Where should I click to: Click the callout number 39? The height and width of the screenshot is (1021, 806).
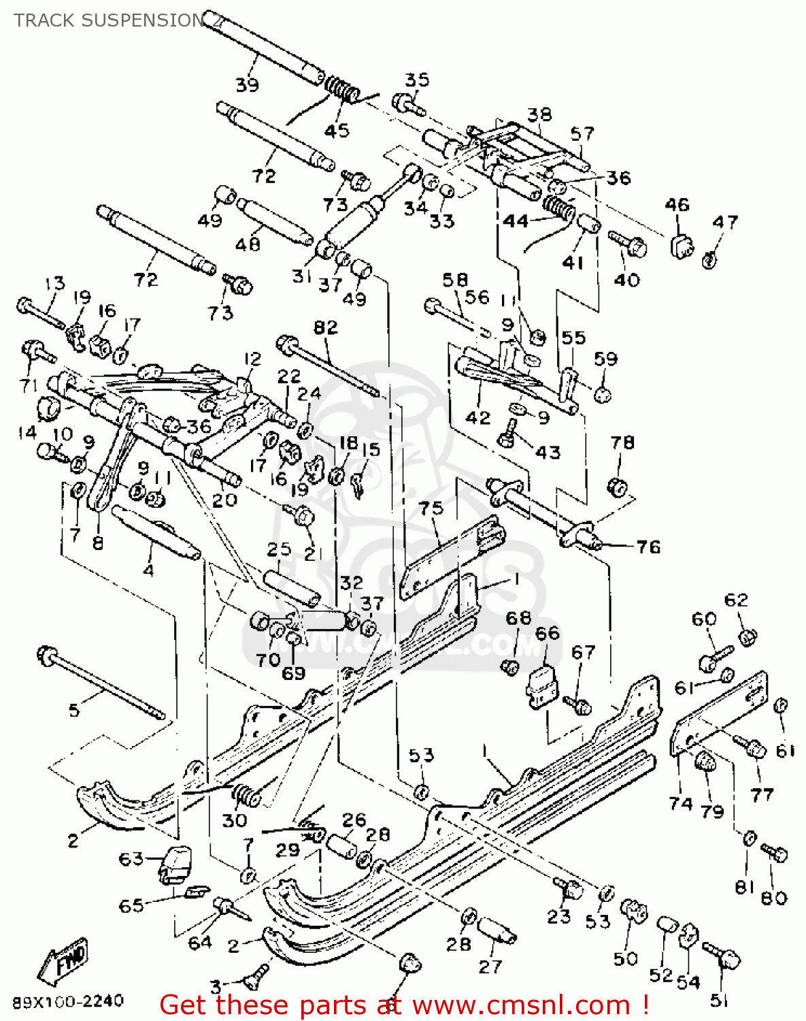[247, 85]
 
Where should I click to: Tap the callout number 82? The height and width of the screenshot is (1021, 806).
[325, 327]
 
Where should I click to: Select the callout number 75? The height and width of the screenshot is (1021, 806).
[431, 508]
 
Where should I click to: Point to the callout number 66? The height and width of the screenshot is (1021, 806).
[547, 633]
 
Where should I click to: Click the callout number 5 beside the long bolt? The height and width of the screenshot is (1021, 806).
[74, 711]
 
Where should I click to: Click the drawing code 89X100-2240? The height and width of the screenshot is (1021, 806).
[68, 1001]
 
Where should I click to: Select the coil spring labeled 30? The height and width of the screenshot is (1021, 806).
[246, 794]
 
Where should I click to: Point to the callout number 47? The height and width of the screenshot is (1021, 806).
[724, 222]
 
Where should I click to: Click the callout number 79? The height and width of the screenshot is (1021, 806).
[712, 811]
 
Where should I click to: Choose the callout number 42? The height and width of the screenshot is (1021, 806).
[477, 417]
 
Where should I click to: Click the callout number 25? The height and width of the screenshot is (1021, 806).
[279, 549]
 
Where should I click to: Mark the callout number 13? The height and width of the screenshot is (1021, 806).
[54, 282]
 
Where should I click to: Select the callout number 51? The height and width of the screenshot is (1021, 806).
[719, 1001]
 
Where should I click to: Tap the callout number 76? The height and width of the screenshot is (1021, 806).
[648, 547]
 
